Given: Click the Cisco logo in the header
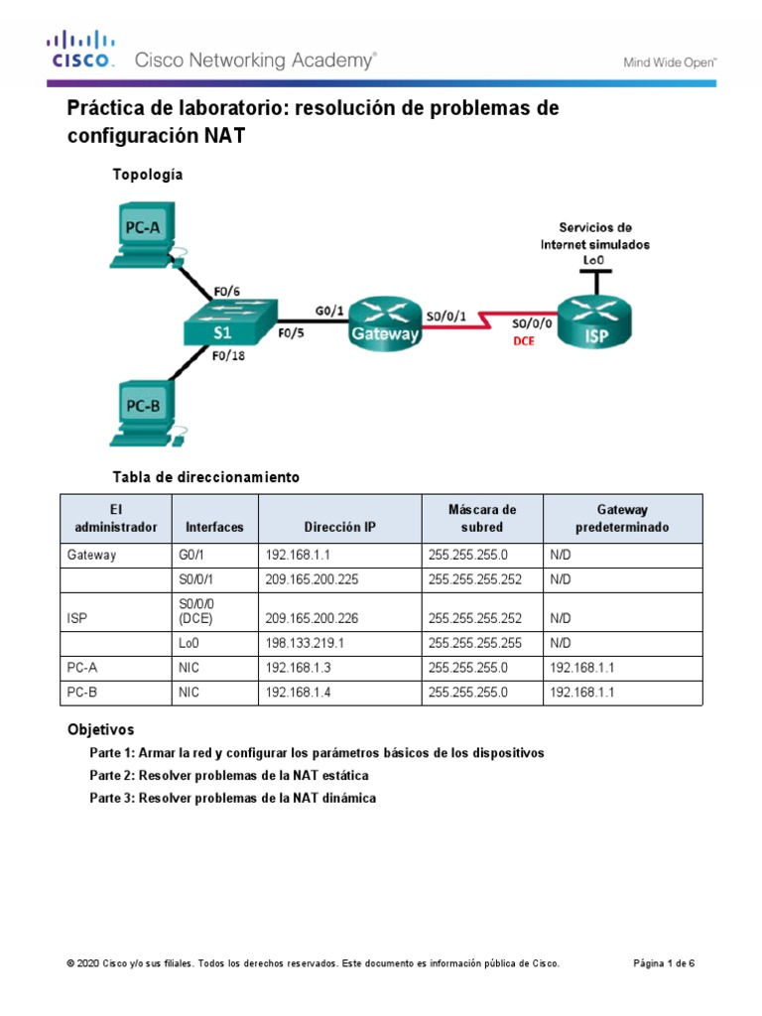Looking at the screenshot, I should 82,51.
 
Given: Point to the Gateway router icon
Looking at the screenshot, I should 384,320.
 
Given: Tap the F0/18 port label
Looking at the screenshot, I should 228,357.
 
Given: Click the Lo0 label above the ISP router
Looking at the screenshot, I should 595,260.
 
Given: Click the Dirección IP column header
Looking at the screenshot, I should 339,527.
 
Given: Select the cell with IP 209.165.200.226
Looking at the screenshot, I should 312,617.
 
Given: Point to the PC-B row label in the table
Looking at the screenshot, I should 83,694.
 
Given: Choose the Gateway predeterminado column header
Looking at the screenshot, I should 622,518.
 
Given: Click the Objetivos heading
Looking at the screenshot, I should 100,729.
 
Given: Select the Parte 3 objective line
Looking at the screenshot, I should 232,798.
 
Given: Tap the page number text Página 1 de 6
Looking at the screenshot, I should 664,963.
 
